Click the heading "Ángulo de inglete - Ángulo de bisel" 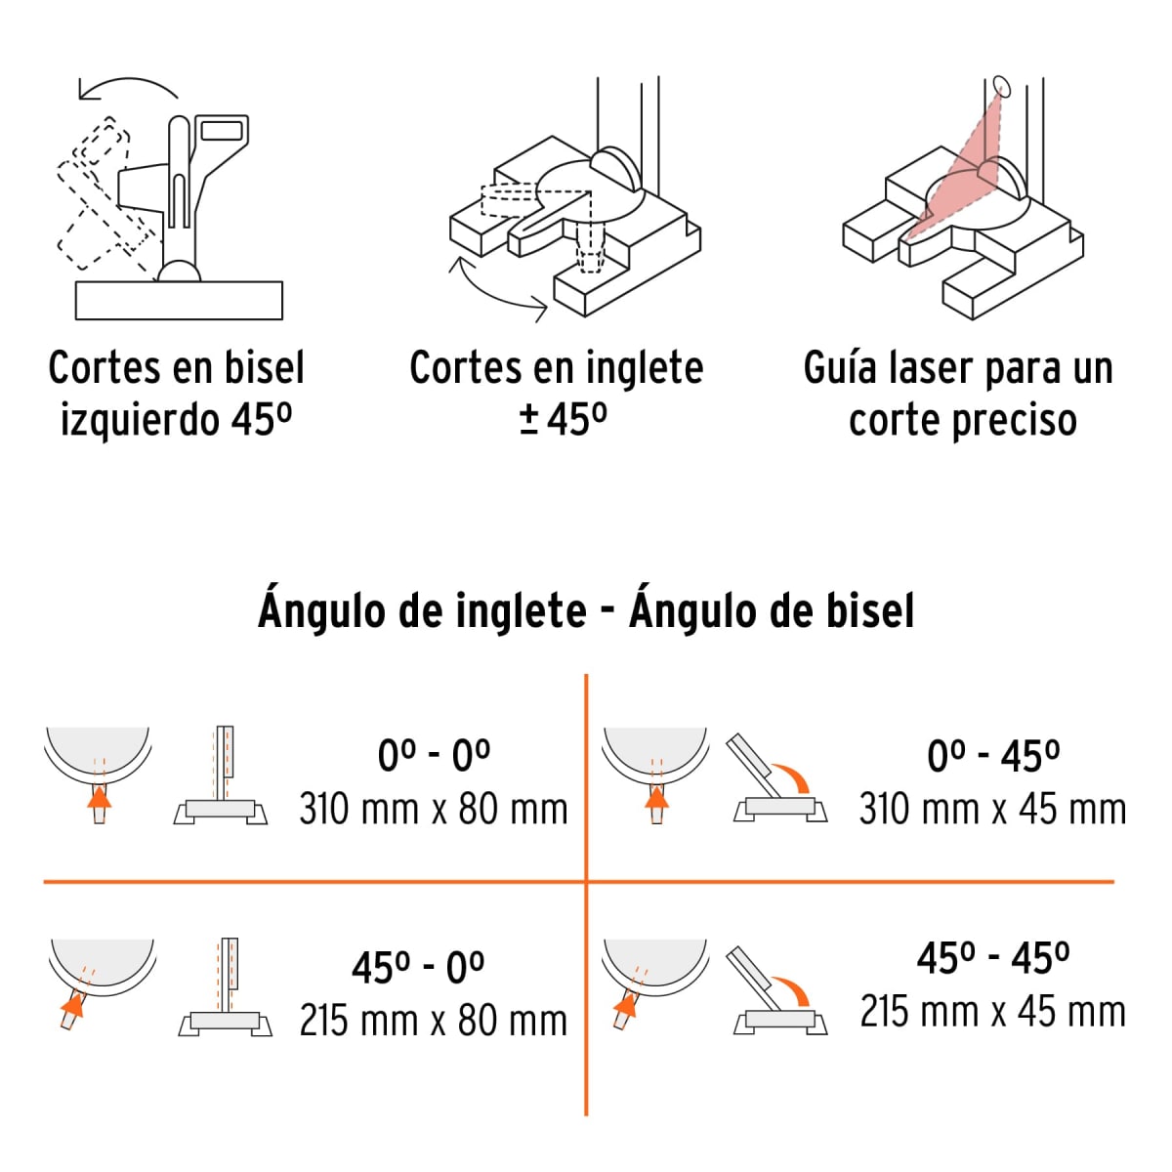(x=586, y=611)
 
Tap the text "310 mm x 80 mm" (x=433, y=810)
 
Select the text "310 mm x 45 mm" (x=992, y=810)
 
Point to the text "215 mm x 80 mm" (x=433, y=1021)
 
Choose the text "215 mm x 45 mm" (x=992, y=1011)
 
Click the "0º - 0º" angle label (x=434, y=756)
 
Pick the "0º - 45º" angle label (x=992, y=756)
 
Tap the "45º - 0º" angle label (x=418, y=968)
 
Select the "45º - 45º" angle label (x=992, y=958)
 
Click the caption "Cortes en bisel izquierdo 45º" (x=176, y=394)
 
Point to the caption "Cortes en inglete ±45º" (x=556, y=394)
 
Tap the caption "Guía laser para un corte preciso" (x=958, y=394)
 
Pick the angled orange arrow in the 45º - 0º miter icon (x=72, y=1005)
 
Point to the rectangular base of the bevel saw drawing (x=179, y=300)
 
